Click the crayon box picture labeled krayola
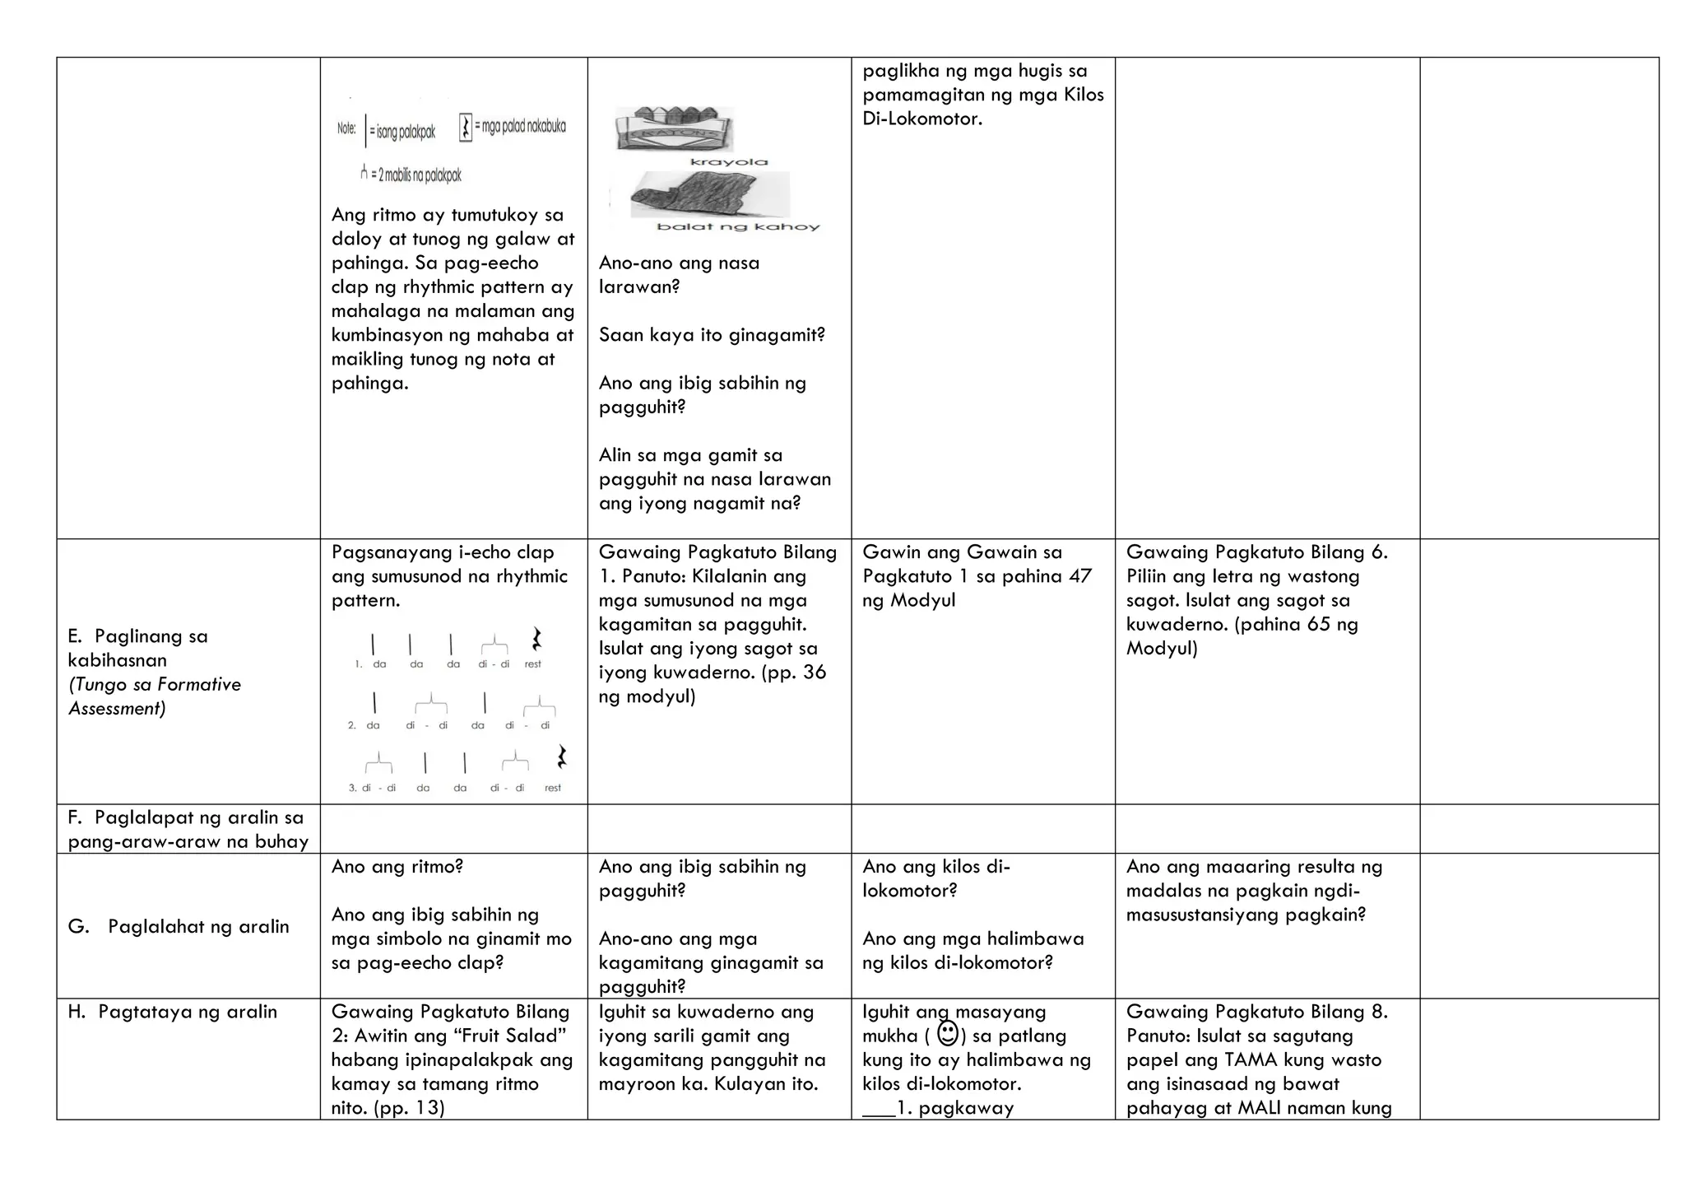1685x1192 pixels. (x=673, y=129)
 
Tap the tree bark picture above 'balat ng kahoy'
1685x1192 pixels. (x=709, y=195)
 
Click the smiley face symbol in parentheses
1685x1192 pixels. (x=947, y=1033)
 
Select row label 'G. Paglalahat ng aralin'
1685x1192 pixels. (x=179, y=927)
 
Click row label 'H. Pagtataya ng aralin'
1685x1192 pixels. (x=172, y=1013)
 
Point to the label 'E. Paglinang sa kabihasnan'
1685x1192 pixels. (x=137, y=648)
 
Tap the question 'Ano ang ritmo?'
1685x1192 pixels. (x=397, y=867)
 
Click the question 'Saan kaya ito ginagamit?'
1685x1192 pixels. (x=712, y=335)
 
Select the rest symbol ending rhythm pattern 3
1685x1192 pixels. (x=562, y=757)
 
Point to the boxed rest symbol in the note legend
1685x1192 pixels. (x=466, y=127)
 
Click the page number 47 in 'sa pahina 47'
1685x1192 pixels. (x=1079, y=576)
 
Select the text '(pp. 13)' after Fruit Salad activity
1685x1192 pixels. (x=409, y=1108)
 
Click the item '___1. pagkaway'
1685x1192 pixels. (x=938, y=1108)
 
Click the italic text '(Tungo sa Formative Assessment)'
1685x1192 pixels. (x=154, y=696)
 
